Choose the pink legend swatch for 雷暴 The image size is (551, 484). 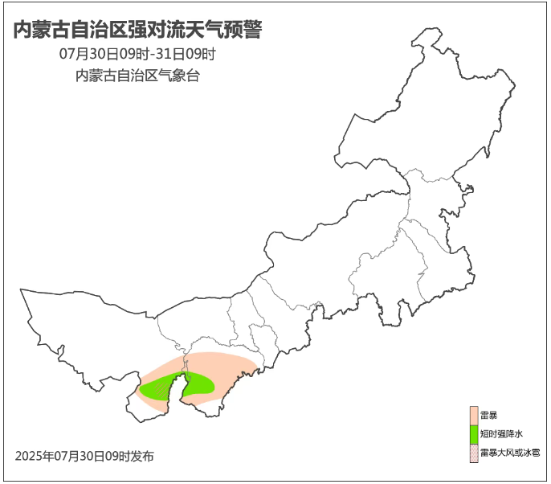(x=474, y=415)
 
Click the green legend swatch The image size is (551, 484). (x=474, y=434)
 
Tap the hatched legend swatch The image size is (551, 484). (x=474, y=453)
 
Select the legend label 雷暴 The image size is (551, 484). (x=488, y=415)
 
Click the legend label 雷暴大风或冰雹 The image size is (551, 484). (x=509, y=453)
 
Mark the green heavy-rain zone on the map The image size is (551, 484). (x=199, y=384)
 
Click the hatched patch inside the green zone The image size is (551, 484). (x=169, y=389)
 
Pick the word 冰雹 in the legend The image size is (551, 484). (x=531, y=453)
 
